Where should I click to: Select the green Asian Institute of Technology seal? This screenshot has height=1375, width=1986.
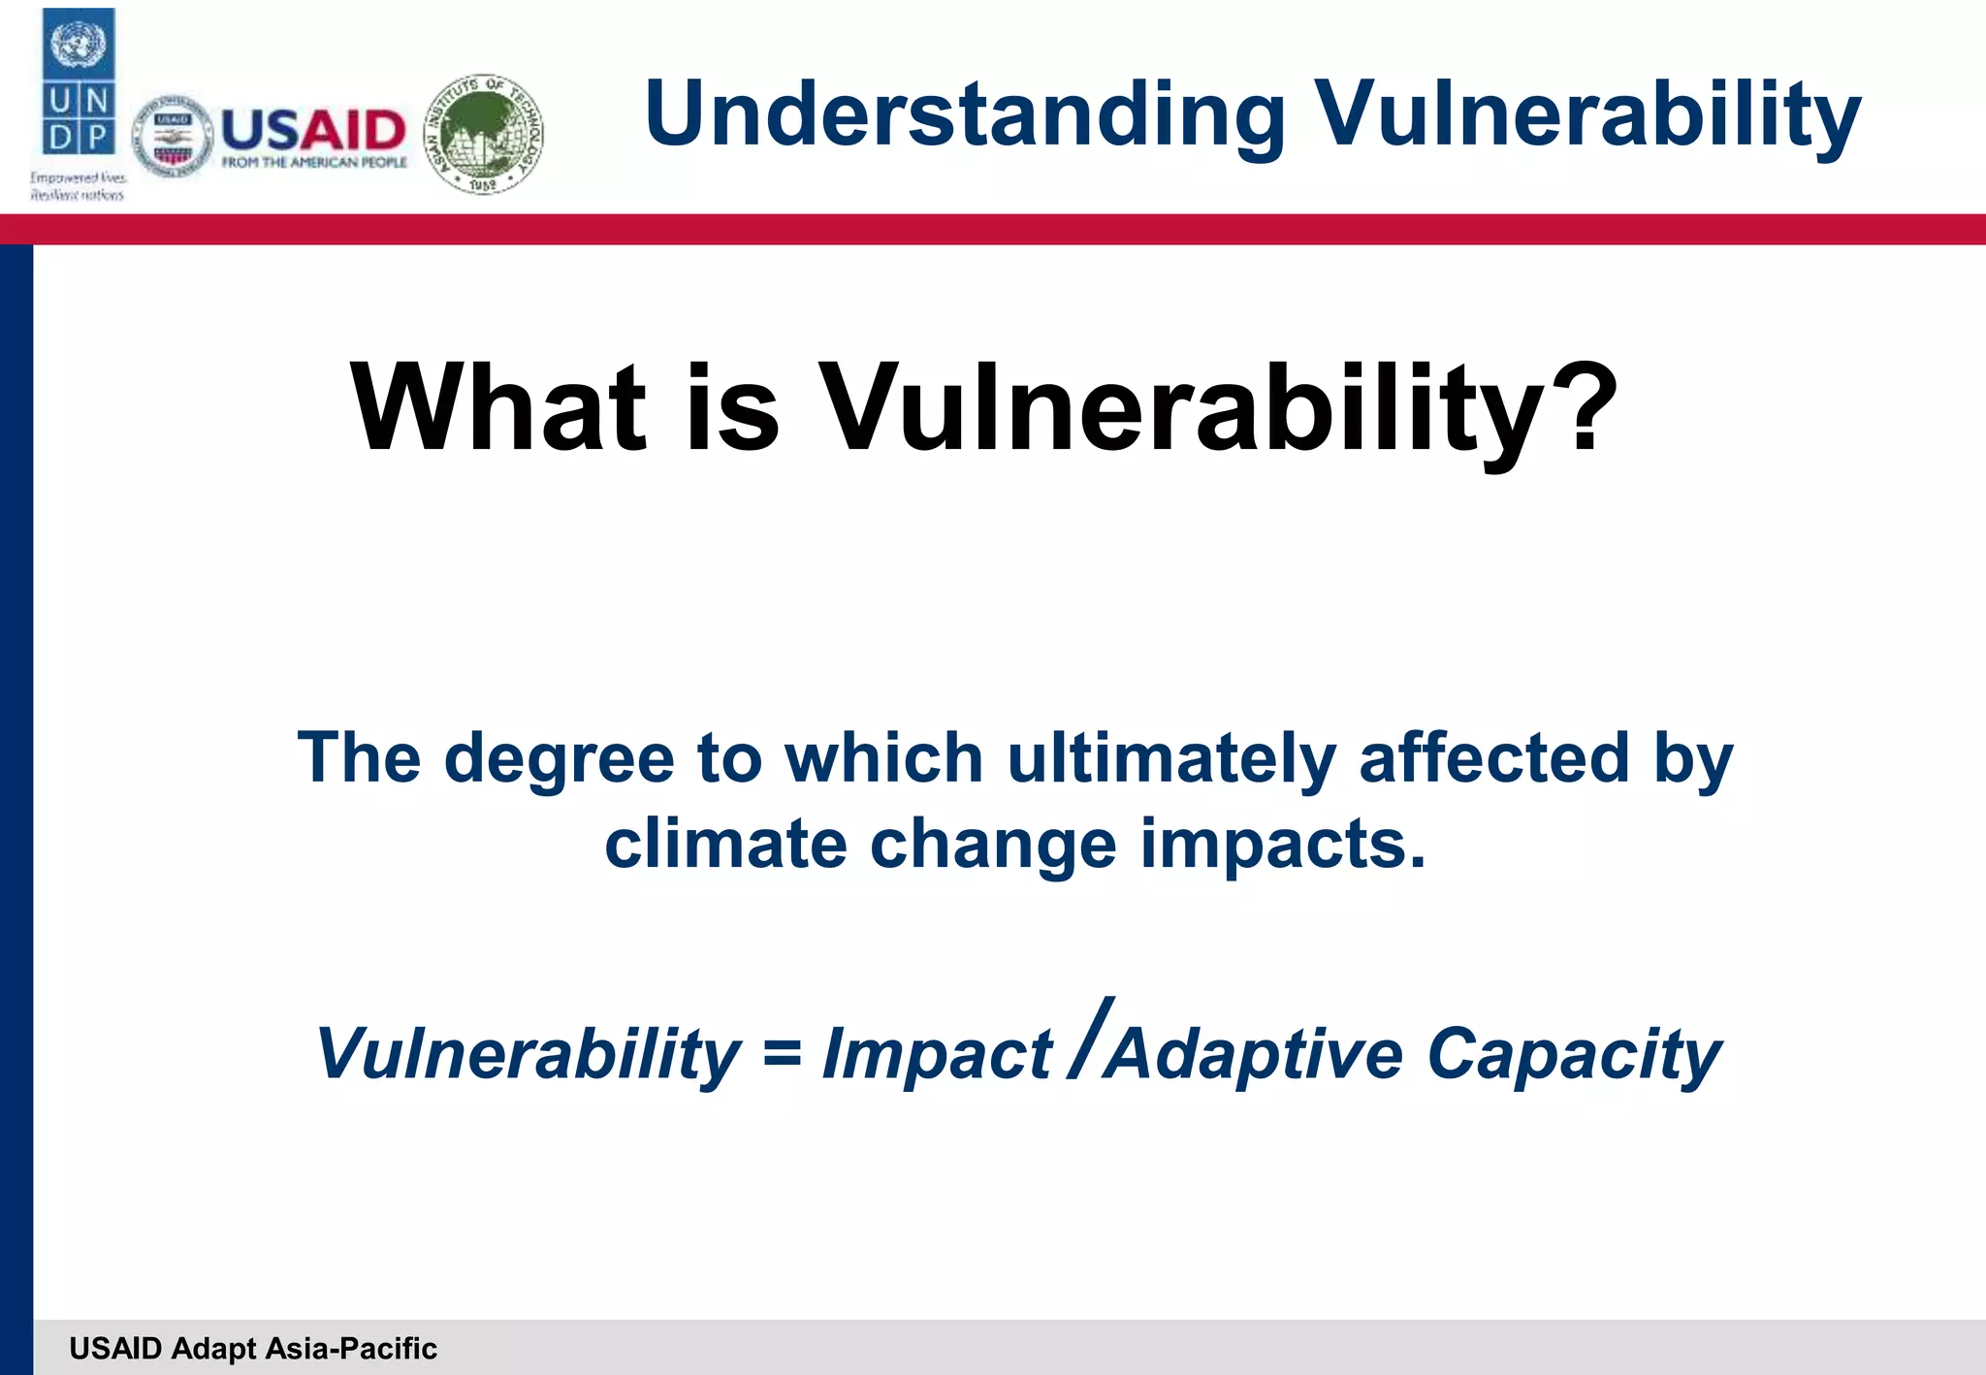[x=484, y=134]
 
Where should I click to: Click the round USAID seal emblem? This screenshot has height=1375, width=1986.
[x=173, y=137]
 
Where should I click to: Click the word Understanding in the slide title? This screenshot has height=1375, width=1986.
[x=964, y=115]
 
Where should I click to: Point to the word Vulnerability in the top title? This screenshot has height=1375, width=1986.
[x=1586, y=115]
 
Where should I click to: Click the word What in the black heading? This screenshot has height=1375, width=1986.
[x=497, y=407]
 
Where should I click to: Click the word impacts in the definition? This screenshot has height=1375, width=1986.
[x=1282, y=843]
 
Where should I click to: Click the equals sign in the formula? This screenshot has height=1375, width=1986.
[x=782, y=1053]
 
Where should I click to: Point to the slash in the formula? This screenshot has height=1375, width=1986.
[x=1089, y=1038]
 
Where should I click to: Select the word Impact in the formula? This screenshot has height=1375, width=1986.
[x=936, y=1053]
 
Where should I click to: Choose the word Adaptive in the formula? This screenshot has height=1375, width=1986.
[x=1254, y=1053]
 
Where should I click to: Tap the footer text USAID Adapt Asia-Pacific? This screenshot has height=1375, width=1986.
[x=253, y=1348]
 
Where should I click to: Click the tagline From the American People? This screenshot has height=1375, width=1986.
[x=313, y=162]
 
